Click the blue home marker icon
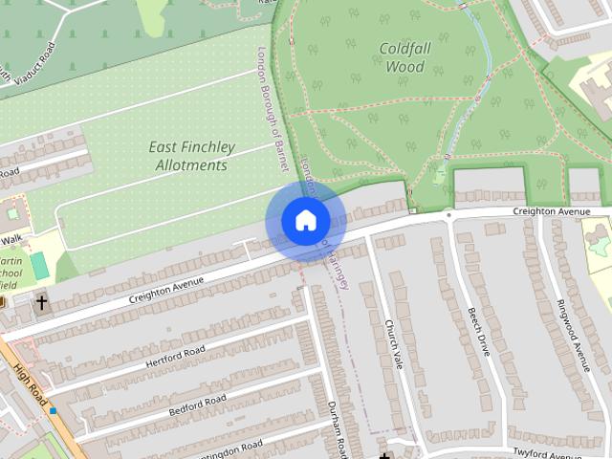coord(305,220)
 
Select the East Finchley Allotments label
coord(190,156)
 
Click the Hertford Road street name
coord(175,357)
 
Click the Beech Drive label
coord(478,332)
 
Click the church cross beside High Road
coord(41,302)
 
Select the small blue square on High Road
coord(53,411)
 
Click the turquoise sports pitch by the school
coord(38,265)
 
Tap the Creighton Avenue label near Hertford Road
coord(167,289)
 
